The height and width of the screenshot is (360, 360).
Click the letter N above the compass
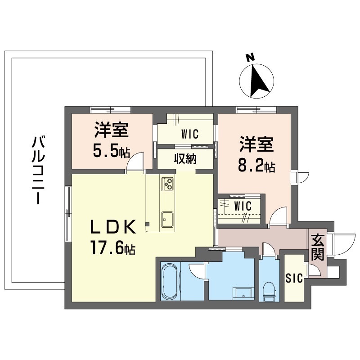click(250, 58)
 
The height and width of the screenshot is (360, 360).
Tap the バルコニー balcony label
click(37, 170)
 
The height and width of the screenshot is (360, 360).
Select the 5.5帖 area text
click(111, 151)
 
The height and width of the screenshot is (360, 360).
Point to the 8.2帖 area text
click(256, 166)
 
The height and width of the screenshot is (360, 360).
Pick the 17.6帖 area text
click(113, 248)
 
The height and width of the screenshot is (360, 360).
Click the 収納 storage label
click(185, 158)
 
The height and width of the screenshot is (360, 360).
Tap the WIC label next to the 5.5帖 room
click(190, 134)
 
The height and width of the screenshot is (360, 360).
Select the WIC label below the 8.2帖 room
click(243, 206)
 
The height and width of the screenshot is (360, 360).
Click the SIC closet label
click(294, 279)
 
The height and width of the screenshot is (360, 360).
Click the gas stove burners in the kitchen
click(168, 184)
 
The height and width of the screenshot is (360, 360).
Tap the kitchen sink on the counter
click(167, 220)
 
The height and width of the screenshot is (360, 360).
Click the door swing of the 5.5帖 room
click(135, 161)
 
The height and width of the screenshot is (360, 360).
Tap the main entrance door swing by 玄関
click(342, 244)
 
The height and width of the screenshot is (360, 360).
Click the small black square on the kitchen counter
click(148, 224)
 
